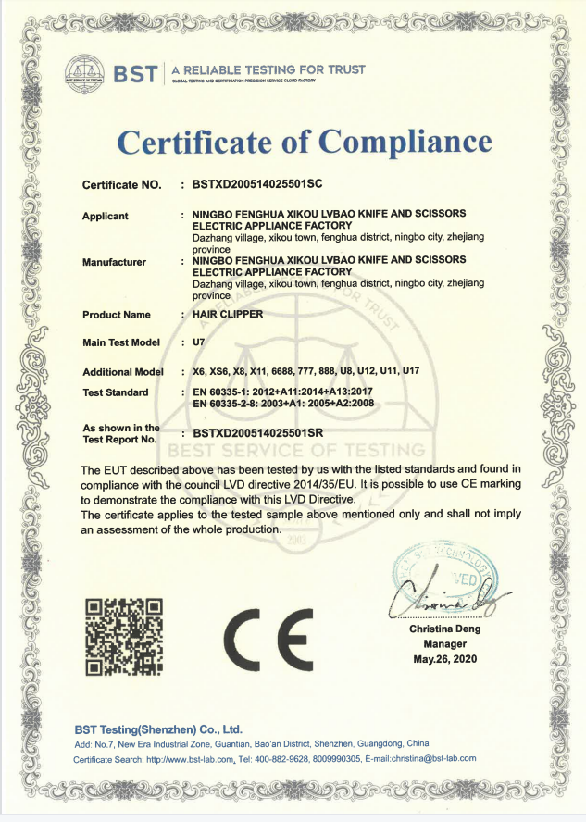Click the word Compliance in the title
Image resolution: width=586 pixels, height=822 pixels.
coord(404,142)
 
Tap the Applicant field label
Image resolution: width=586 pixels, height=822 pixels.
coord(106,216)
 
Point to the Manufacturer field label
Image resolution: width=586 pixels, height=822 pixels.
coord(114,262)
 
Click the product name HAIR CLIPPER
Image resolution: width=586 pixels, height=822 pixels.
coord(227,314)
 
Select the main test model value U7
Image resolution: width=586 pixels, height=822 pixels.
coord(197,342)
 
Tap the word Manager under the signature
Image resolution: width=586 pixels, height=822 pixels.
coord(444,644)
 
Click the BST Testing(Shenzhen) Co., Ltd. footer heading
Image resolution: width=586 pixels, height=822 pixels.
coord(157,729)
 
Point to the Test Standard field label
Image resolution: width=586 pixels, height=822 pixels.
coord(115,392)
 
